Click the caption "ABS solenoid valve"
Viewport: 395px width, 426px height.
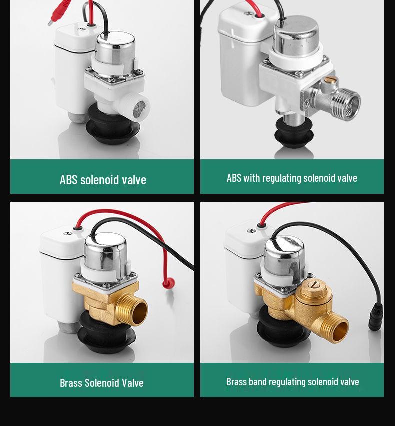103,179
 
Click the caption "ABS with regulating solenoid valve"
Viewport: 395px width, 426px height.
292,178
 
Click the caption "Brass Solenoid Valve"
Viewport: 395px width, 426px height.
102,383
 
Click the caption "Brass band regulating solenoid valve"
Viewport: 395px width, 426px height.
292,382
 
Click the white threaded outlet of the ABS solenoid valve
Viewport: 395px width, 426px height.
138,105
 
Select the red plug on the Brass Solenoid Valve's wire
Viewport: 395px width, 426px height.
169,283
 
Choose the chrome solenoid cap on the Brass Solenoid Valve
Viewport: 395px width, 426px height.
105,252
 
